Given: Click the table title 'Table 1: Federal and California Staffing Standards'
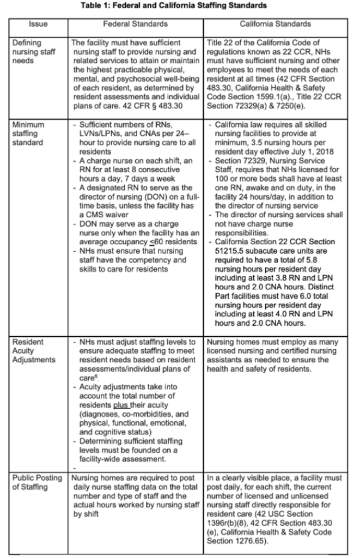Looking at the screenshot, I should pyautogui.click(x=180, y=7).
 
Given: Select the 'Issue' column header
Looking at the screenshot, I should pyautogui.click(x=38, y=24).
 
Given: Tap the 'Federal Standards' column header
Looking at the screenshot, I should pyautogui.click(x=136, y=24).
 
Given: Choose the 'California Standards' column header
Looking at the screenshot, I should pyautogui.click(x=276, y=24).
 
